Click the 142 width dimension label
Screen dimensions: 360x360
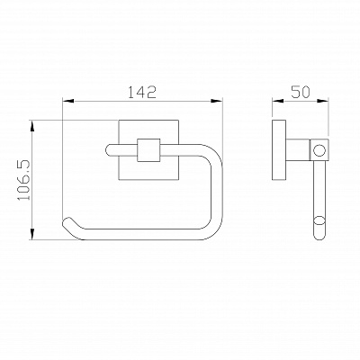pos(142,92)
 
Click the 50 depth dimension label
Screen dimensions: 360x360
pos(300,92)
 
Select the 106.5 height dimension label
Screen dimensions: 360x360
pos(24,180)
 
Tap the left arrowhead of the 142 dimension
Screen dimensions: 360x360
pos(68,101)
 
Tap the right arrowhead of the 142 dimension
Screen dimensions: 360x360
pos(217,101)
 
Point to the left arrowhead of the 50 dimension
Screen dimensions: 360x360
pos(278,101)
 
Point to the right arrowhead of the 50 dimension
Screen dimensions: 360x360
pos(323,101)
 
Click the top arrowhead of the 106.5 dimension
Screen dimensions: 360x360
pos(32,126)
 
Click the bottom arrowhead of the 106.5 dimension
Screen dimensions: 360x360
pos(32,234)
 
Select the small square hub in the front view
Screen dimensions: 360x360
pos(148,150)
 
